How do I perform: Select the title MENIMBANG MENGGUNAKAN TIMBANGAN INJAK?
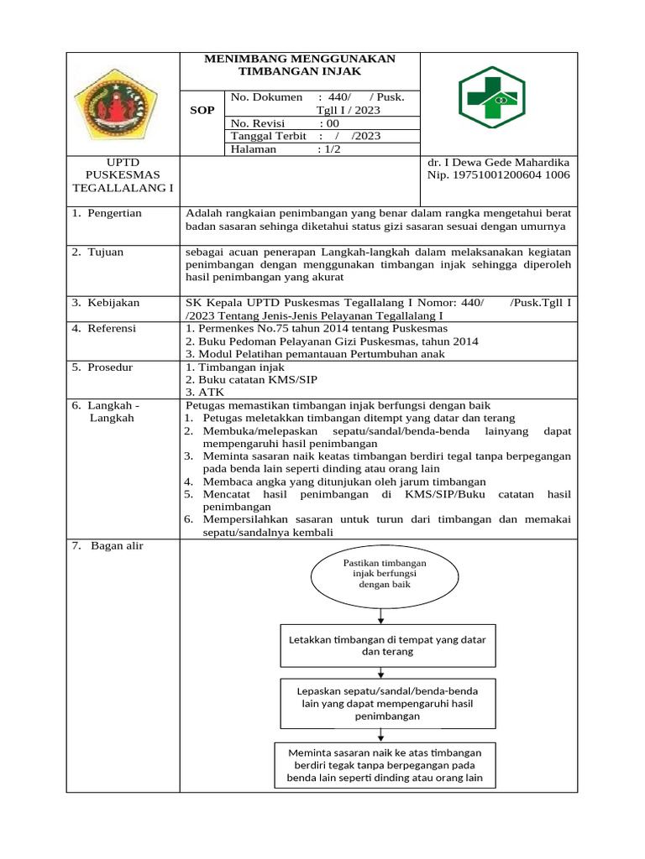pos(300,65)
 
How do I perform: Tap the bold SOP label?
pos(202,111)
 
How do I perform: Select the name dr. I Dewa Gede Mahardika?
pos(499,162)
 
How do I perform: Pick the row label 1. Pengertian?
pos(107,213)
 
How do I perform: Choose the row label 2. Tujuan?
pos(100,252)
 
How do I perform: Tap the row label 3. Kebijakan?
pos(106,303)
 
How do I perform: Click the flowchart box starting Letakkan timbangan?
pos(387,645)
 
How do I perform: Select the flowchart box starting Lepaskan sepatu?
pos(387,703)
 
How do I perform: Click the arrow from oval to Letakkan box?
pos(381,616)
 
